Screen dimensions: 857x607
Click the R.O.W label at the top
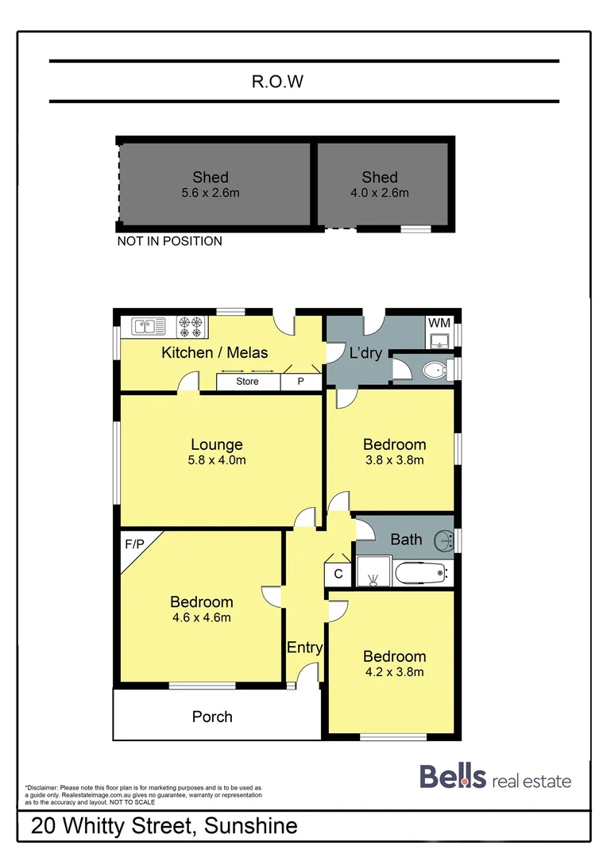coord(278,81)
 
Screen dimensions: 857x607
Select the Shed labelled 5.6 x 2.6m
coord(211,184)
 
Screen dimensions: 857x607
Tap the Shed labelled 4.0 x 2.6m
coord(379,184)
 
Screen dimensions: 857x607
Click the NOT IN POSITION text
coord(170,241)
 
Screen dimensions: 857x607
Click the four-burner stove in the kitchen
coord(191,326)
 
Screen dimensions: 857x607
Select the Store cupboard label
coord(248,382)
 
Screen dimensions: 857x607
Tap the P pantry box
coord(301,382)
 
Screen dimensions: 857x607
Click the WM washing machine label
coord(439,323)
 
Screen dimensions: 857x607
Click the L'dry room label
coord(365,352)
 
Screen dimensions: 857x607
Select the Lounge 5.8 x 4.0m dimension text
coord(217,460)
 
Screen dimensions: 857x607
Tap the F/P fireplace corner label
coord(136,544)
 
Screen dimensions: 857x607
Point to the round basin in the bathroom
coord(443,542)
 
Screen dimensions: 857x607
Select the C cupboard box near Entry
coord(338,574)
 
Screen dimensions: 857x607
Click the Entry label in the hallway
coord(305,648)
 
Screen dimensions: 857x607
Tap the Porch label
coord(212,717)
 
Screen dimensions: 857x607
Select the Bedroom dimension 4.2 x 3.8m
coord(394,672)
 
